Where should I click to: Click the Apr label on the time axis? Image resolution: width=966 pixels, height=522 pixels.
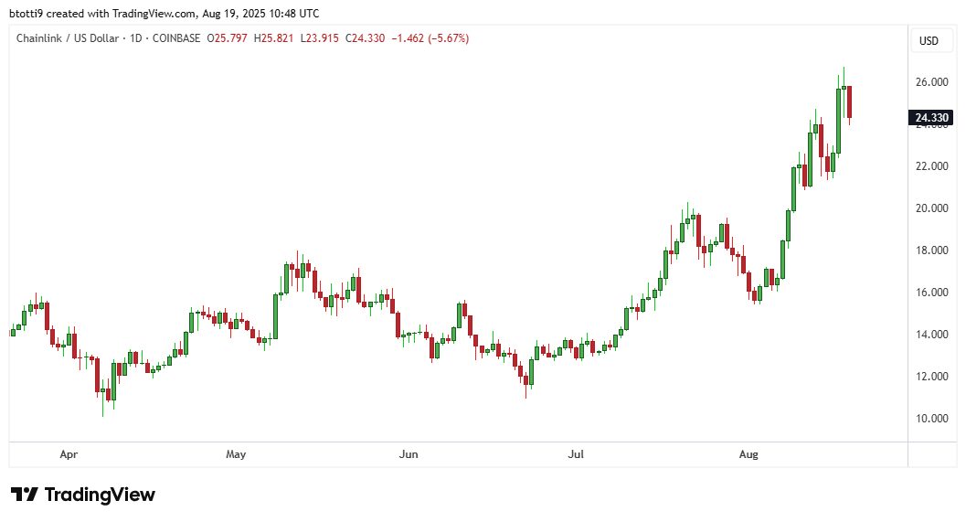[x=68, y=453]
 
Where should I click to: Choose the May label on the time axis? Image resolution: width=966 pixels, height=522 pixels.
[x=236, y=453]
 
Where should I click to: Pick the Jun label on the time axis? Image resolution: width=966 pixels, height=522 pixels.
[x=409, y=453]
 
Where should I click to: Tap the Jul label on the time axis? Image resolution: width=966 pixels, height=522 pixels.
[x=576, y=453]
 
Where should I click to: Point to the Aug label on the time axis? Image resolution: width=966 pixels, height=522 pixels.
[x=748, y=453]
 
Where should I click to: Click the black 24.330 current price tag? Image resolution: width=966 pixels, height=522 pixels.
[x=931, y=117]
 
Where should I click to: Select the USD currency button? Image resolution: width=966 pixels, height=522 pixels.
[x=929, y=40]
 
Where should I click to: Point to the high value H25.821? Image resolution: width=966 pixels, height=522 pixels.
[x=274, y=38]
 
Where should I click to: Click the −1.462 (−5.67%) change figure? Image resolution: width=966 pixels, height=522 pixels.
[x=430, y=38]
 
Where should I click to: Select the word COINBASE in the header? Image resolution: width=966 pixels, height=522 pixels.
[x=175, y=38]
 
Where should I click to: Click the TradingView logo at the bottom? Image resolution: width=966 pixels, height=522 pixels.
[x=83, y=495]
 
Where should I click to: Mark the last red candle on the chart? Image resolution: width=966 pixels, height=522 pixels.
[x=850, y=102]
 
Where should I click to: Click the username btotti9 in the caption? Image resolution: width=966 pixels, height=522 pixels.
[x=28, y=13]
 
